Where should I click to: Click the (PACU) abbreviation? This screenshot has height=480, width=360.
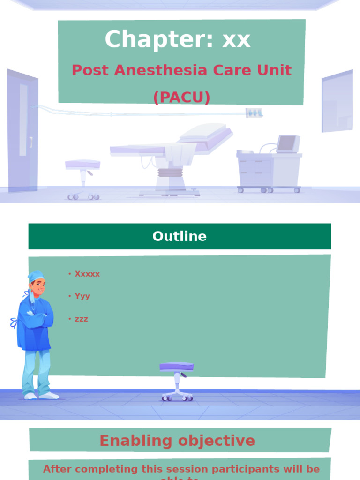click(x=181, y=97)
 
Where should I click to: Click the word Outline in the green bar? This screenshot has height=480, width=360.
click(x=180, y=236)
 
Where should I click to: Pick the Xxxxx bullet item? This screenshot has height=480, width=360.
click(x=87, y=274)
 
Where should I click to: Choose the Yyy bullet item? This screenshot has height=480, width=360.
click(x=82, y=296)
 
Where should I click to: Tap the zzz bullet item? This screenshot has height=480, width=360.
click(x=81, y=319)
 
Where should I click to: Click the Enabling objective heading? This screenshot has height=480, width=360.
click(x=177, y=441)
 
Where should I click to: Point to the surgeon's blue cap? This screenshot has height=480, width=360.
click(x=36, y=276)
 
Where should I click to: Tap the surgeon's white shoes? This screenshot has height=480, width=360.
click(x=41, y=396)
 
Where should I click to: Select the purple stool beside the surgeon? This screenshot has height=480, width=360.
click(x=177, y=380)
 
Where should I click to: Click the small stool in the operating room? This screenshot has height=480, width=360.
click(x=83, y=178)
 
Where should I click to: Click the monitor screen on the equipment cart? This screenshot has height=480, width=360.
click(x=287, y=143)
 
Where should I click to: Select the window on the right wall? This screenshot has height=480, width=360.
click(x=337, y=101)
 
